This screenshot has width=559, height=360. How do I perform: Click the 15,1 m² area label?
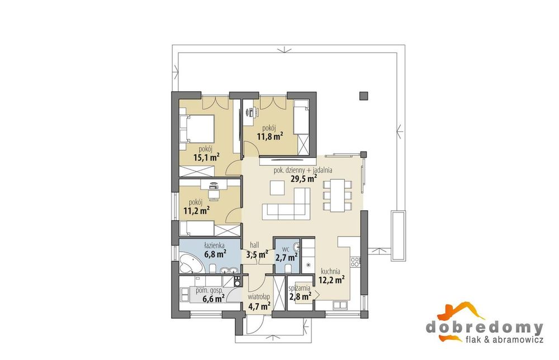[206, 157]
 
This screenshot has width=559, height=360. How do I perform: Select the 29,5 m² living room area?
[304, 178]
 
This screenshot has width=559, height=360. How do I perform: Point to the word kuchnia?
[330, 271]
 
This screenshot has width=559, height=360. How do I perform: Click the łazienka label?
[214, 245]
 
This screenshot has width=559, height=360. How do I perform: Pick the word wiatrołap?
[259, 297]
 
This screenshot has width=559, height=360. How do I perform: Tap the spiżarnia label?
[300, 287]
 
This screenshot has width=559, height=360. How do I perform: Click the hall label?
[254, 245]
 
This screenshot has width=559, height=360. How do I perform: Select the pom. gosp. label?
[209, 291]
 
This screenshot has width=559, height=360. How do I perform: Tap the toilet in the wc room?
[289, 268]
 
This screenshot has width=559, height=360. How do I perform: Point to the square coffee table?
[277, 188]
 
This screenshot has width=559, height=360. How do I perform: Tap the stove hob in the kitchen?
[356, 262]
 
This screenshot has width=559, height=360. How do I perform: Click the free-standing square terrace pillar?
[363, 96]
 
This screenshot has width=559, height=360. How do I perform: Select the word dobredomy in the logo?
[485, 327]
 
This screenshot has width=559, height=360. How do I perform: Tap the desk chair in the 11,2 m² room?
[214, 194]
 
